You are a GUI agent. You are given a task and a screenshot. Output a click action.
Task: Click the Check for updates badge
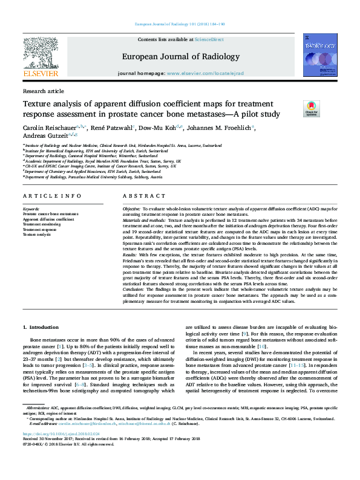312,109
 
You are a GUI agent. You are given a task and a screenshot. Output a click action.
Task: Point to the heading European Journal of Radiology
180,56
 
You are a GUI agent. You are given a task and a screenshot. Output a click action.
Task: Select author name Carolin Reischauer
49,128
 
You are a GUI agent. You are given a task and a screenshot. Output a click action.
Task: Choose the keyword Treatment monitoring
42,224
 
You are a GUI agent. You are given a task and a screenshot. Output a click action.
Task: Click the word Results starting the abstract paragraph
132,256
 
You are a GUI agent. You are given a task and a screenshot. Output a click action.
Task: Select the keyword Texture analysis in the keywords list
38,233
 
